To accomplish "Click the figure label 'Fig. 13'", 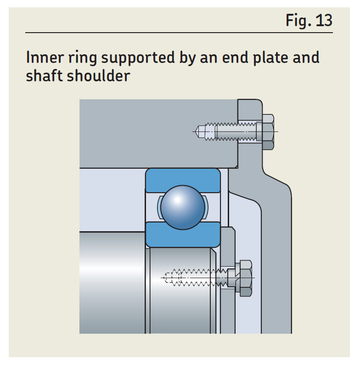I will click(x=309, y=20).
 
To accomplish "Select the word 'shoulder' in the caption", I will click(x=98, y=76).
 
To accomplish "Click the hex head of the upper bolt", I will click(x=268, y=132).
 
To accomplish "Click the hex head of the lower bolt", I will click(x=244, y=278).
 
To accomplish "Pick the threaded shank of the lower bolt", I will click(x=202, y=278).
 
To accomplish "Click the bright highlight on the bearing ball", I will click(x=177, y=199).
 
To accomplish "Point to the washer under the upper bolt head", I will click(x=259, y=132).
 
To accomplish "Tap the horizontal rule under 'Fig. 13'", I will click(x=179, y=33).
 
